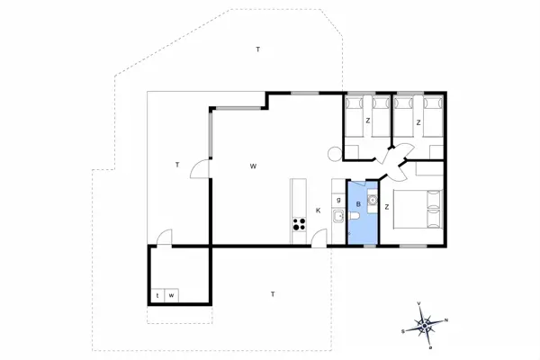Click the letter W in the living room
[x=254, y=166]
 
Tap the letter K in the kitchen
[x=318, y=211]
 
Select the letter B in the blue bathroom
[x=359, y=204]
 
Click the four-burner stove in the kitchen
[x=298, y=225]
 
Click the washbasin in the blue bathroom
[x=371, y=199]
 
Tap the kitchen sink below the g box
[x=337, y=217]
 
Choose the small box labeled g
[x=337, y=199]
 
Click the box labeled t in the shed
[x=157, y=295]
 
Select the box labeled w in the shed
[x=171, y=295]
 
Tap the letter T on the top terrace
[x=257, y=49]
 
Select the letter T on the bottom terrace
[x=273, y=294]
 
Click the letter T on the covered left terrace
[x=178, y=164]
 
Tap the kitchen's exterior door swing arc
[x=319, y=238]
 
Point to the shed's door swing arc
[x=163, y=238]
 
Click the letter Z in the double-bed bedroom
[x=387, y=207]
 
